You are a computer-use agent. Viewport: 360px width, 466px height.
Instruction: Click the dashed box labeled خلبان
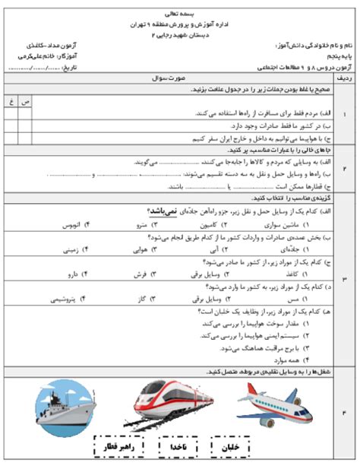pyautogui.click(x=233, y=446)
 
